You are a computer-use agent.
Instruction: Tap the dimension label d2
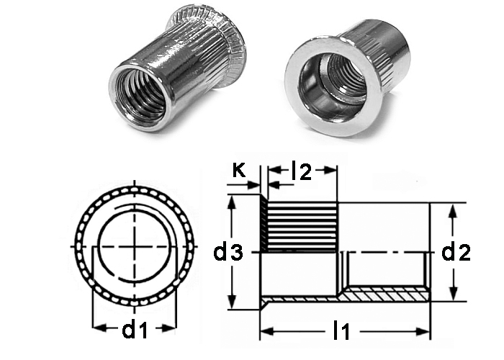pos(456,252)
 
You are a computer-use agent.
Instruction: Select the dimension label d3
pos(228,253)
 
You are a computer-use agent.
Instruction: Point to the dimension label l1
pos(341,331)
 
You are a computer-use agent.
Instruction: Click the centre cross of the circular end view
pos(135,247)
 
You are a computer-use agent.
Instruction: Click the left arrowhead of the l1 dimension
pos(267,331)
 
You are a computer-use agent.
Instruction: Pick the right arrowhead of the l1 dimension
pos(423,331)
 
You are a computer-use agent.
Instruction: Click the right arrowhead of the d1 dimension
pos(169,328)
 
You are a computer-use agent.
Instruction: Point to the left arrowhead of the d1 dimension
pos(99,328)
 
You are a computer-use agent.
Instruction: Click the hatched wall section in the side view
pos(385,294)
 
